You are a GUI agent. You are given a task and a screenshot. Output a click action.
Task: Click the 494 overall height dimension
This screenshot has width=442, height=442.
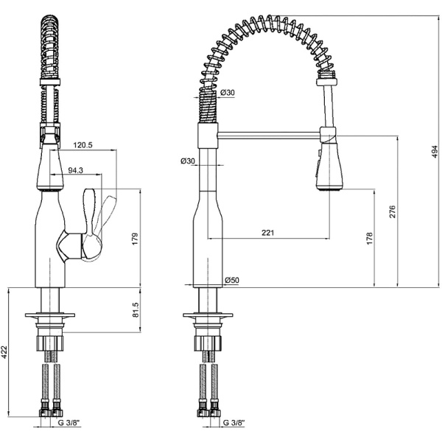435,152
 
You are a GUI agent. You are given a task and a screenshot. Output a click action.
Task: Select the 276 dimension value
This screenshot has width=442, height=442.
393,211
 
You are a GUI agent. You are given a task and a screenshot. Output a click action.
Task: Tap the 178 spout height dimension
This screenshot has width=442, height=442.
370,238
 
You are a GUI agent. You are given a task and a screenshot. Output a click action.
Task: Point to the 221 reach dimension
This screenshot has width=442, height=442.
267,233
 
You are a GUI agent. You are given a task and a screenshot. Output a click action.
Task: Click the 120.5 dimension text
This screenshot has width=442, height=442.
83,145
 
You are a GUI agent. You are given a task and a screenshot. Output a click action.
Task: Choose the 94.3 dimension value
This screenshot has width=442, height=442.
76,170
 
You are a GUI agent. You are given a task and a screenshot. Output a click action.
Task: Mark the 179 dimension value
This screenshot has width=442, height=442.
136,239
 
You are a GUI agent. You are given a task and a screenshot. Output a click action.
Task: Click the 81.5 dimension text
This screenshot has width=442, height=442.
136,310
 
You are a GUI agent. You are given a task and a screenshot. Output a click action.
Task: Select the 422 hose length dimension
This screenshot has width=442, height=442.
4,353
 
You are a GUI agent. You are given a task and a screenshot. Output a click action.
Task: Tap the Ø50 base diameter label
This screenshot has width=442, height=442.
232,280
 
